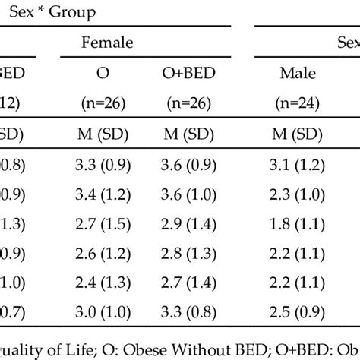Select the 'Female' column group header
(x=108, y=43)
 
